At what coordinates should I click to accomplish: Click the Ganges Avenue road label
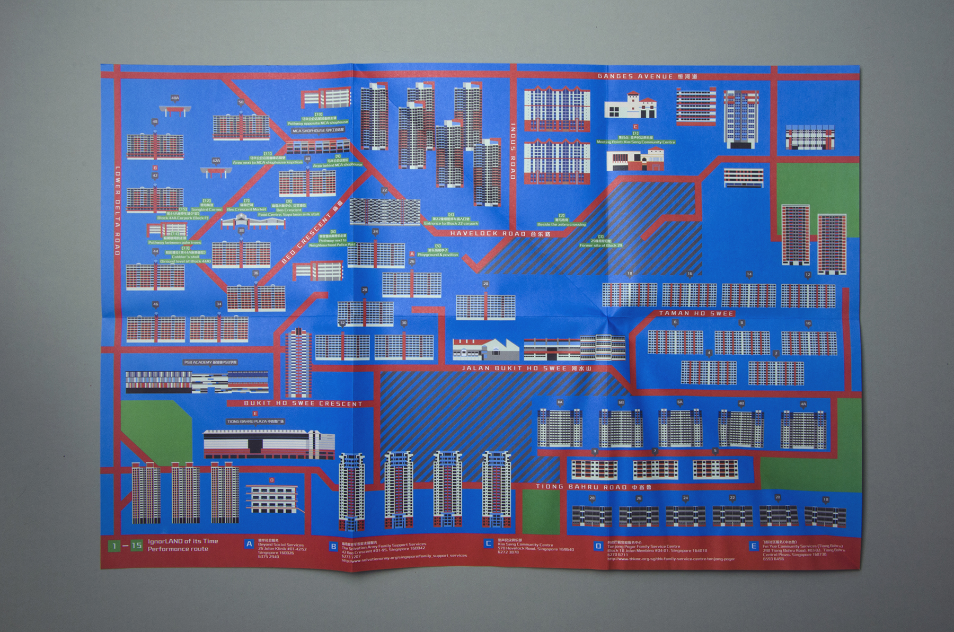click(647, 76)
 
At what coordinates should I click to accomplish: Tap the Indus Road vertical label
click(513, 151)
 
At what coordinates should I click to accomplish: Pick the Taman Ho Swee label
click(696, 313)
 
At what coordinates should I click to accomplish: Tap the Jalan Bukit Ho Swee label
click(526, 368)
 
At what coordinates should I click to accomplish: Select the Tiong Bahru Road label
click(593, 487)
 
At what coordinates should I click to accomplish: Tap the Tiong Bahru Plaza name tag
click(255, 422)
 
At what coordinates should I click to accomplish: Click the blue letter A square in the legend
click(249, 545)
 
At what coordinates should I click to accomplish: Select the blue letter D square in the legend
click(598, 545)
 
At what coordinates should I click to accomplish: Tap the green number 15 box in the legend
click(137, 545)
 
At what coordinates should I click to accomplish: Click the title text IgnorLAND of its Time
click(183, 541)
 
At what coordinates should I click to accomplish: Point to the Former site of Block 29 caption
click(600, 245)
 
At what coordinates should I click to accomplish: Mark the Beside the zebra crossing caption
click(561, 224)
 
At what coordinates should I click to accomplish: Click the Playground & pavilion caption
click(438, 254)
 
